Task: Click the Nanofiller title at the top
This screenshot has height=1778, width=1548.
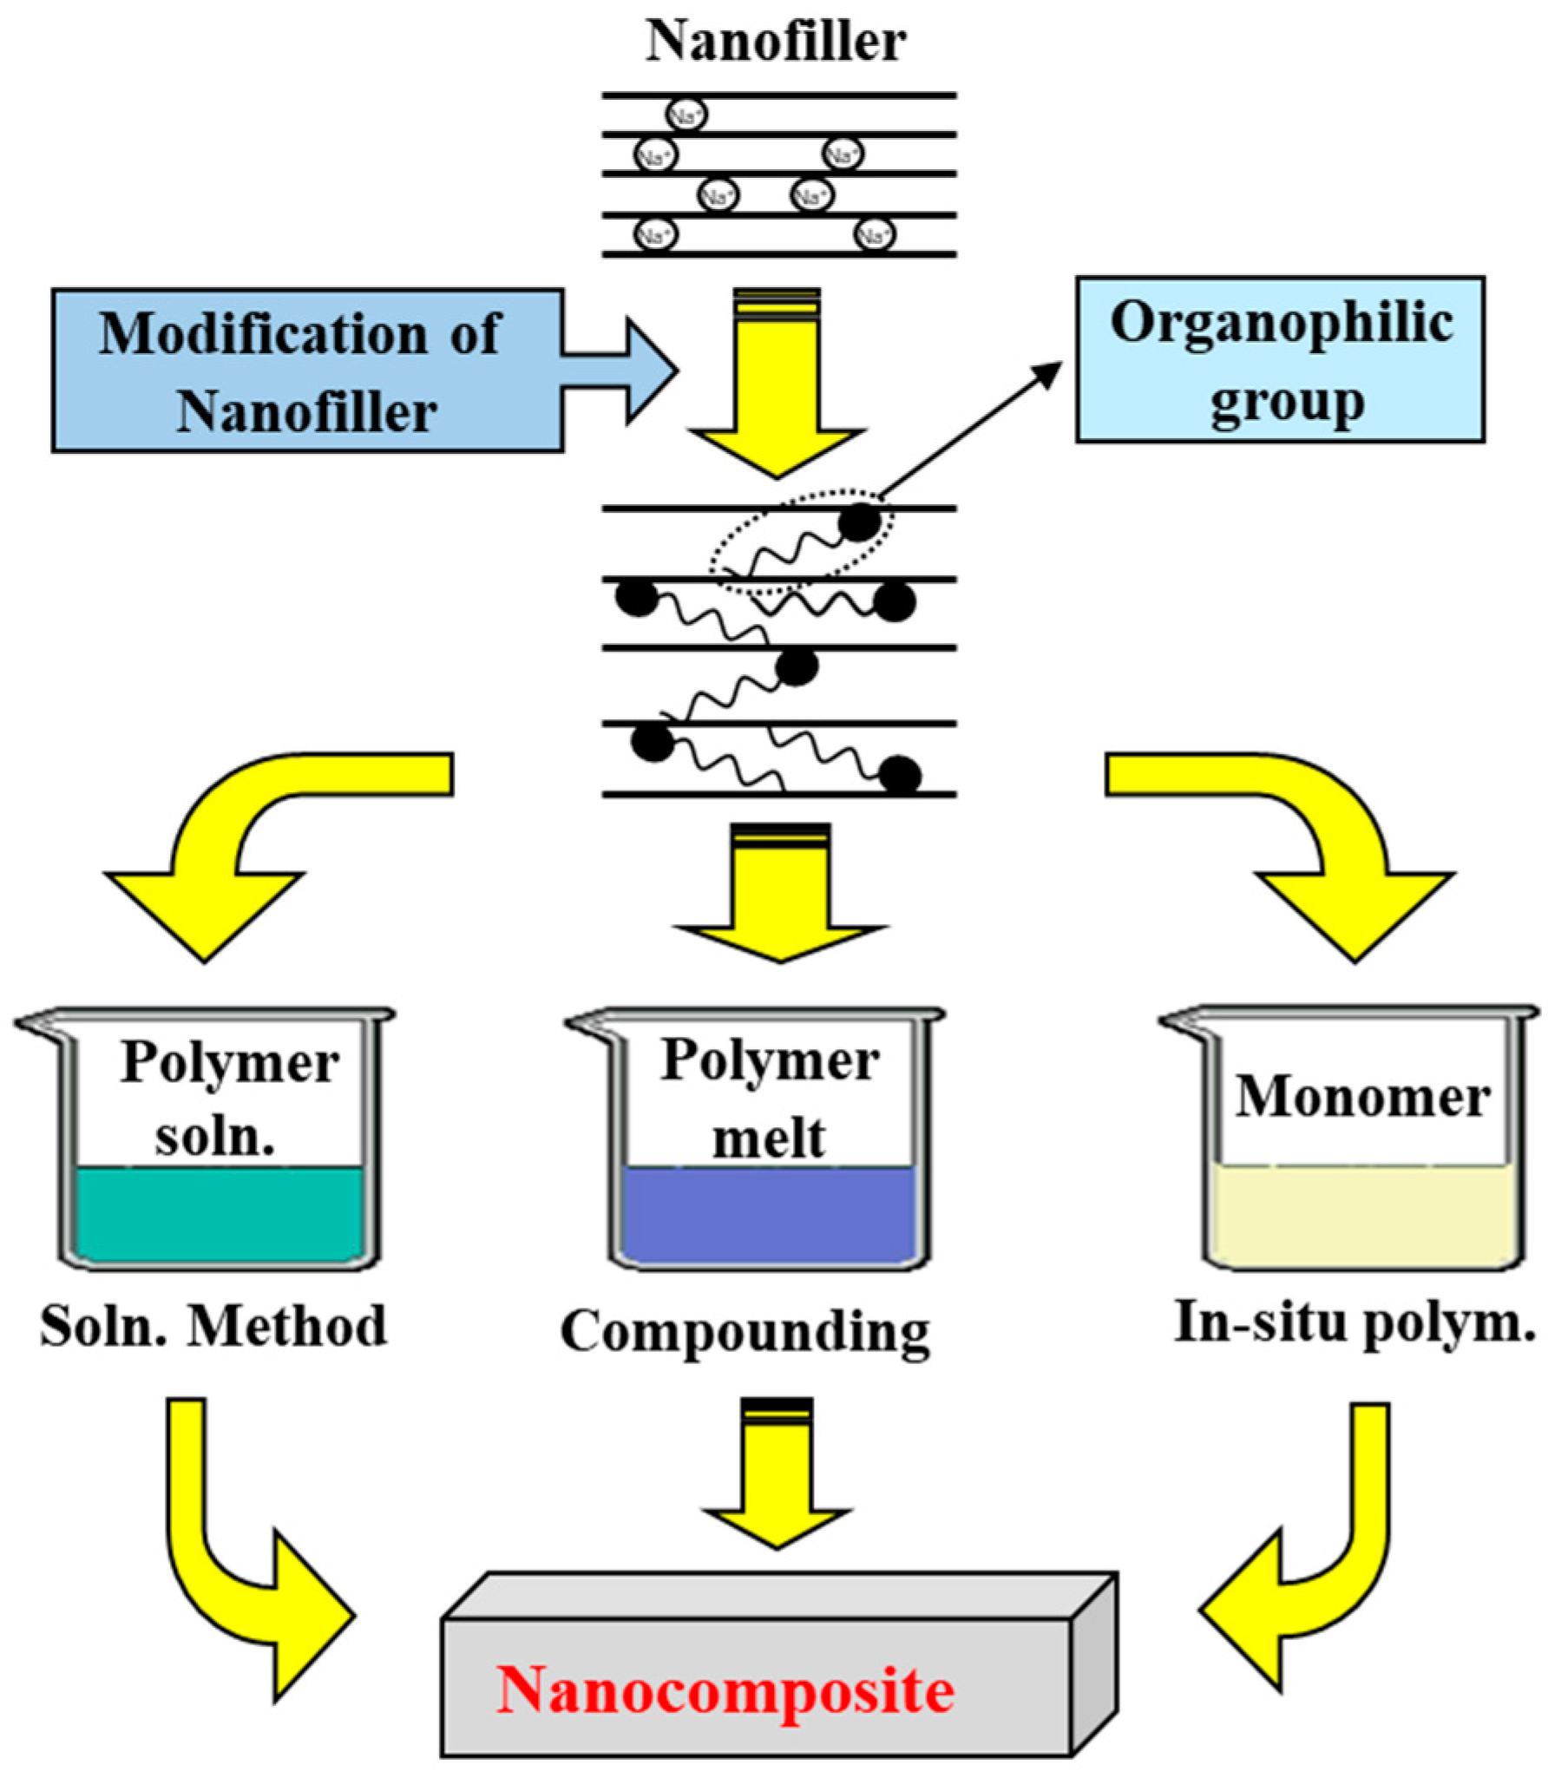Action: click(775, 41)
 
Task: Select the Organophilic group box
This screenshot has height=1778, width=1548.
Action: click(1280, 359)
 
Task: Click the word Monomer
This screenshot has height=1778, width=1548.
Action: click(1362, 1098)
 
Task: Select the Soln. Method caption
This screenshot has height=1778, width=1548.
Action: click(213, 1326)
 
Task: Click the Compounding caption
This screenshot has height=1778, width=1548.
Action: click(744, 1331)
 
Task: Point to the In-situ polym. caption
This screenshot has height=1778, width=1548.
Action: click(1354, 1324)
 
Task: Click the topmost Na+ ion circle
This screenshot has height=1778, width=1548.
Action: click(685, 115)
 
